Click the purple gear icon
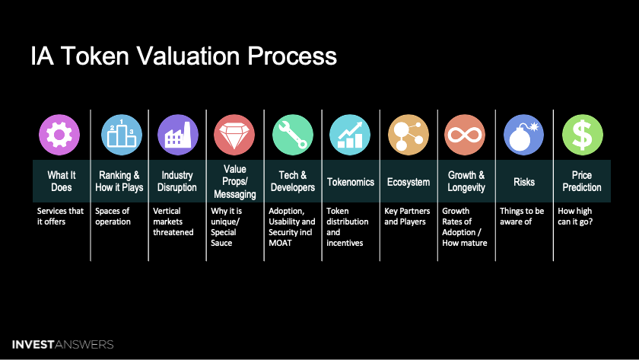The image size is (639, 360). point(59,135)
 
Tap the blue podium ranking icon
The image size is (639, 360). point(120,135)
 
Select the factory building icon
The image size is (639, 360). point(178,135)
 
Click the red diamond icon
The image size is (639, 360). point(235,135)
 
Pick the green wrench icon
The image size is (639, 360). point(293,135)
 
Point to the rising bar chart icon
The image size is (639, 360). point(350,135)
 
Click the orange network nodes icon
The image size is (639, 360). point(409,135)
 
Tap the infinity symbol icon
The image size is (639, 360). point(466,135)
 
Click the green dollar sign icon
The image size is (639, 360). point(583,135)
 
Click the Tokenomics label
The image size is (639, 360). point(350,182)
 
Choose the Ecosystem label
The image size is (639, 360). point(409,182)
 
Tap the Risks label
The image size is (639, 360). point(524,182)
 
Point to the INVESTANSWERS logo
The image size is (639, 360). point(62,344)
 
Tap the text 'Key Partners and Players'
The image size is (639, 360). point(407,216)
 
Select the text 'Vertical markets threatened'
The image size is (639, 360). point(173,221)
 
